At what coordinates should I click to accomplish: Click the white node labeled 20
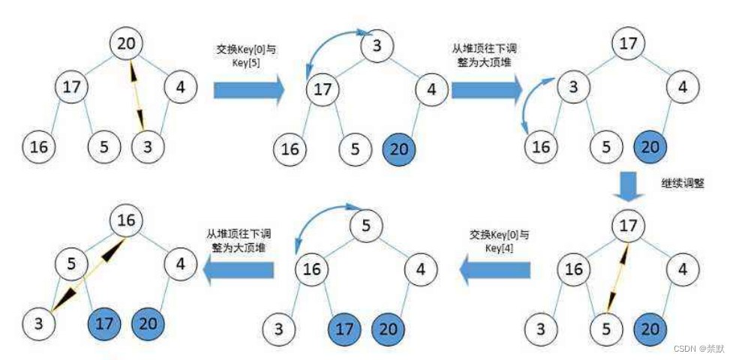click(127, 43)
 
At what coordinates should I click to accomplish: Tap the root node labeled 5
click(362, 225)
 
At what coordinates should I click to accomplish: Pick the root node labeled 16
click(125, 220)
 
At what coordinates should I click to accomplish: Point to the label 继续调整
click(681, 182)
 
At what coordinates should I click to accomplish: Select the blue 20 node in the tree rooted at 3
click(399, 148)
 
